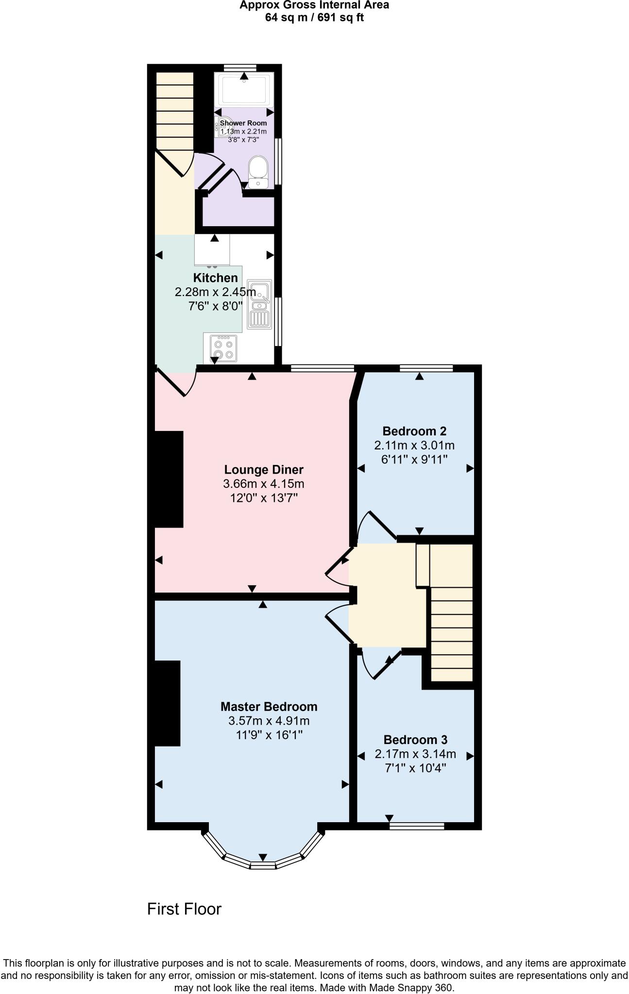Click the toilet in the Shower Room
(x=257, y=171)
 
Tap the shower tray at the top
(x=243, y=89)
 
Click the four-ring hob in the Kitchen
(x=223, y=348)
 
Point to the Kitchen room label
(x=215, y=278)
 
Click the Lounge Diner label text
(x=263, y=470)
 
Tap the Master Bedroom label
(x=269, y=707)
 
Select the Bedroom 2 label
(x=414, y=431)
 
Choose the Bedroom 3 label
(x=415, y=740)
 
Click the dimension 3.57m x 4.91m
(x=269, y=721)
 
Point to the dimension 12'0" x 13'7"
(x=263, y=498)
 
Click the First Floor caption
(x=184, y=909)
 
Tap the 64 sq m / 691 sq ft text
(x=314, y=18)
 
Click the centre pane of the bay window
(x=263, y=865)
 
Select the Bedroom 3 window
(x=416, y=826)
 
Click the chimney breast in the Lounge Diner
(x=169, y=479)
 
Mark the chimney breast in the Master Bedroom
(x=167, y=703)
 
